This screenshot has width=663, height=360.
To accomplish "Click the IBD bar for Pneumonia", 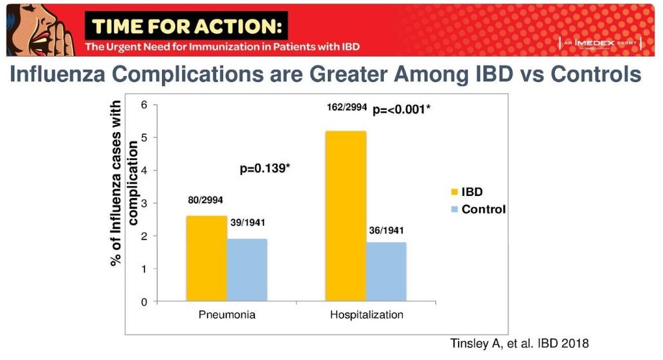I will [206, 258].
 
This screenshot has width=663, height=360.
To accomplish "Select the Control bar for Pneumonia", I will [247, 270].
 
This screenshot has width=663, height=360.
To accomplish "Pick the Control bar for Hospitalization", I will [386, 271].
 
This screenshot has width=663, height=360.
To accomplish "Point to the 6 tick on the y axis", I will [144, 105].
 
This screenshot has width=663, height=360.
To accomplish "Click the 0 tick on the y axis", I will [144, 301].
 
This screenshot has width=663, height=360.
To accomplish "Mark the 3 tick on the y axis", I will [144, 203].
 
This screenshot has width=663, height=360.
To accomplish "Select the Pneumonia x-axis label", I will [226, 315].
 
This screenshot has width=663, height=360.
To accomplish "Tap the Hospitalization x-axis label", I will [366, 315].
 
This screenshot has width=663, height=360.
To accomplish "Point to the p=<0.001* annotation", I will [401, 110].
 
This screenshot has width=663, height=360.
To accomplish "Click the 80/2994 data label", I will [206, 200].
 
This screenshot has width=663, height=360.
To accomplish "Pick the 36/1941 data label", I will [386, 230].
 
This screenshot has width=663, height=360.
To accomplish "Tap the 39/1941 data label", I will [248, 223].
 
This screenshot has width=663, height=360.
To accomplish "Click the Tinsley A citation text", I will [519, 344].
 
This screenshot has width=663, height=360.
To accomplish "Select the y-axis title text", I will [124, 182].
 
